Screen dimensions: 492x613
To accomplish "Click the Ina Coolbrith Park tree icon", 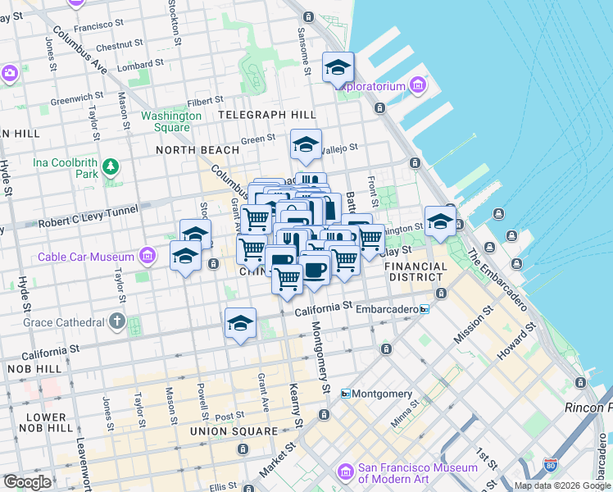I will click(x=111, y=169).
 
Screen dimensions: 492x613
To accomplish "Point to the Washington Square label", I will click(x=170, y=121).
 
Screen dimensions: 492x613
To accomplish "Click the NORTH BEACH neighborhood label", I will click(x=198, y=150).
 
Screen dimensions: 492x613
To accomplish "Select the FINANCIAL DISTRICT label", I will click(x=416, y=272).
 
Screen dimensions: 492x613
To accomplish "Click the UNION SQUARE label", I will click(x=234, y=430).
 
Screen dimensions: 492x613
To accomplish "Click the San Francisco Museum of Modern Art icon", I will click(x=346, y=472).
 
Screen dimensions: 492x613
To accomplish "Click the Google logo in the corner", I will click(x=28, y=482).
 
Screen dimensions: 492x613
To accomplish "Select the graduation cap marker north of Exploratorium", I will click(x=337, y=68).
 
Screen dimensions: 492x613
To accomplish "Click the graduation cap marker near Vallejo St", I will click(x=306, y=146).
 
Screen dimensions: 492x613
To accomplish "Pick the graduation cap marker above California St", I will click(x=240, y=324).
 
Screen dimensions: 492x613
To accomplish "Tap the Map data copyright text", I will click(x=562, y=485).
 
